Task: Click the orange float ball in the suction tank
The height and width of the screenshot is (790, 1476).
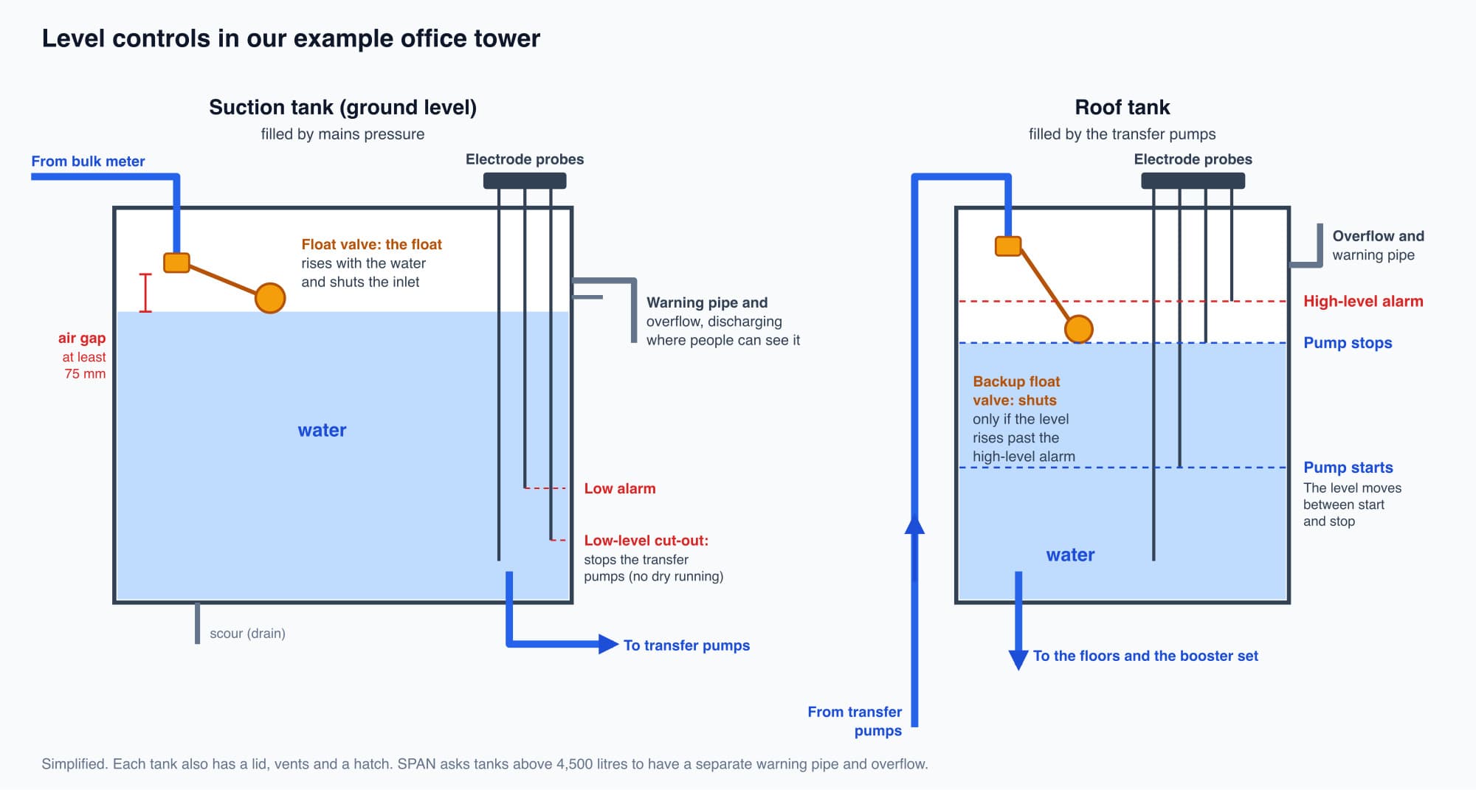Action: [270, 298]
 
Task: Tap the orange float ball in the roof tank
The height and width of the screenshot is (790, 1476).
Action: [1078, 329]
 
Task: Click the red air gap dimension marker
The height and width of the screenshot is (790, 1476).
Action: [145, 293]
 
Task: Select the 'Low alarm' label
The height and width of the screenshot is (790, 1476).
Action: [620, 488]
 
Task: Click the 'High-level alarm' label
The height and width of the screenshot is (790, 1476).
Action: [1363, 301]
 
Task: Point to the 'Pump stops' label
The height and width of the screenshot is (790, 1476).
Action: [1348, 343]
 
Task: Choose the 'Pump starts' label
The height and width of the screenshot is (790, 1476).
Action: [1348, 468]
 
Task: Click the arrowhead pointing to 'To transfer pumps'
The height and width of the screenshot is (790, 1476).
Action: [609, 644]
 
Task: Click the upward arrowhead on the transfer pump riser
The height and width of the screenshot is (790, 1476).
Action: [914, 524]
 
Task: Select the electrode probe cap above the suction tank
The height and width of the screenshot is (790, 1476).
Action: [525, 181]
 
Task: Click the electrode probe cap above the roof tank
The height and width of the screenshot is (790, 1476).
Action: [1193, 181]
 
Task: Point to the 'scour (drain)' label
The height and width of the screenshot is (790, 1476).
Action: [247, 634]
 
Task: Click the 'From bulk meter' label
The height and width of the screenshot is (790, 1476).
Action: [88, 162]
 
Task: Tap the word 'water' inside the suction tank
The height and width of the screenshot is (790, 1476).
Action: [322, 430]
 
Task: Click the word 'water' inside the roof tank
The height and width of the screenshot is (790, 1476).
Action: [1070, 555]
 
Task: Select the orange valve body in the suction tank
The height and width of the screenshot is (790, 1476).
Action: [176, 263]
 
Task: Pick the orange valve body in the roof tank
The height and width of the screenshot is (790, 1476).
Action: [1008, 246]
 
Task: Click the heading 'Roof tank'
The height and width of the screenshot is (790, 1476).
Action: [1122, 108]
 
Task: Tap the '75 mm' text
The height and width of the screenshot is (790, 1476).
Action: [85, 374]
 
